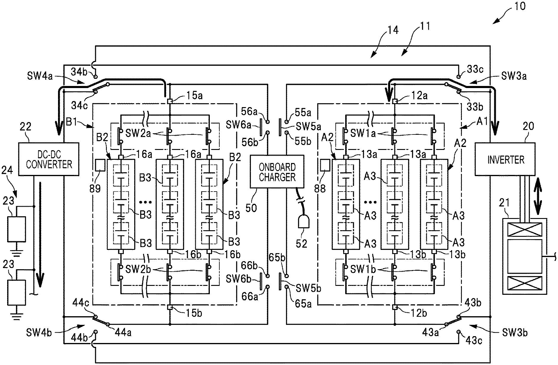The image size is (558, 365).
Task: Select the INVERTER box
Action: pos(505,159)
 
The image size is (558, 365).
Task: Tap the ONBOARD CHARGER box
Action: pos(277,171)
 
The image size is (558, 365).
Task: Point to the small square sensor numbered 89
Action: pos(100,165)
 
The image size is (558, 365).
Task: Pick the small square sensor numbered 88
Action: pos(325,165)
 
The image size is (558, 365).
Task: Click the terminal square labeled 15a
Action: pos(170,101)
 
